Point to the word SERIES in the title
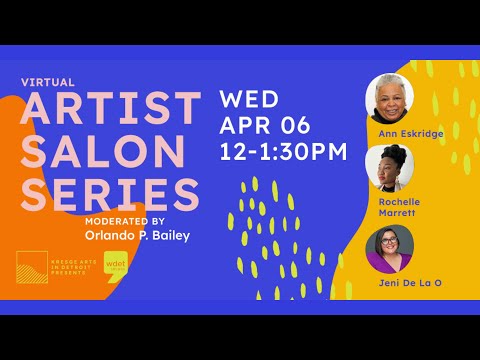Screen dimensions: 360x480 111,194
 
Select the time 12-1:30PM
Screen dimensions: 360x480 283,152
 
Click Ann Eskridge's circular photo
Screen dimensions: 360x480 391,99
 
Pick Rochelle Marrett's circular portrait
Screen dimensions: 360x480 391,168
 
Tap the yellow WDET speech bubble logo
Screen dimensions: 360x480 117,268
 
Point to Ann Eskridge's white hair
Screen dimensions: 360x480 391,83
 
